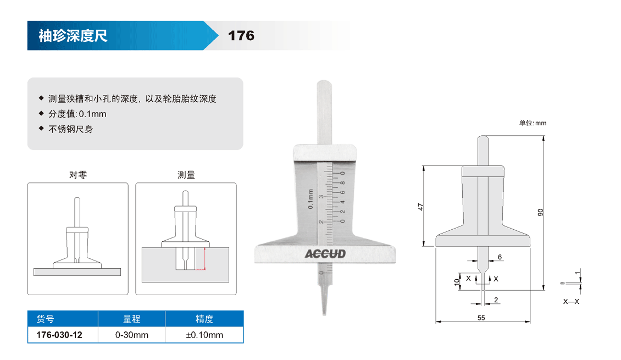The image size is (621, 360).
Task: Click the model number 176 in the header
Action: (241, 36)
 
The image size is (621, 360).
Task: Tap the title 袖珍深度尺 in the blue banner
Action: (73, 36)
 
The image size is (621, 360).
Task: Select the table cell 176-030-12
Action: (59, 335)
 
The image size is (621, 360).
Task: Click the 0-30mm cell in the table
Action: (132, 335)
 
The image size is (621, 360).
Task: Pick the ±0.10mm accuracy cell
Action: (204, 335)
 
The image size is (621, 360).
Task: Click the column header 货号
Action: (45, 319)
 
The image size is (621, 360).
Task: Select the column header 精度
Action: (204, 319)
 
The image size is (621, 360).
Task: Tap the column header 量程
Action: (132, 319)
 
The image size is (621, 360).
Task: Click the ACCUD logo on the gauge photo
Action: (325, 254)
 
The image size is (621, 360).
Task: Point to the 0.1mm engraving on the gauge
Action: (311, 199)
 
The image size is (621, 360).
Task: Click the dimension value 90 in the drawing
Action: (541, 212)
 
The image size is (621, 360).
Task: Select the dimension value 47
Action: (420, 207)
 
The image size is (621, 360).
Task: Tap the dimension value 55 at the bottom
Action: (481, 318)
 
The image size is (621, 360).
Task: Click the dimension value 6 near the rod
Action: (500, 257)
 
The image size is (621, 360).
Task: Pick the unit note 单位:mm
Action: (533, 123)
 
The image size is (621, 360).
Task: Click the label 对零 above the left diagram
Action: (78, 175)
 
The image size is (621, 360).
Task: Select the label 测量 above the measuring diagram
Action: (186, 175)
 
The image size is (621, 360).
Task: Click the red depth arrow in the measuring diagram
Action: (205, 259)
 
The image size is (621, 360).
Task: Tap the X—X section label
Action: (571, 302)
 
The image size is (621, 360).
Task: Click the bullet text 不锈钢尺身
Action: (71, 129)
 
